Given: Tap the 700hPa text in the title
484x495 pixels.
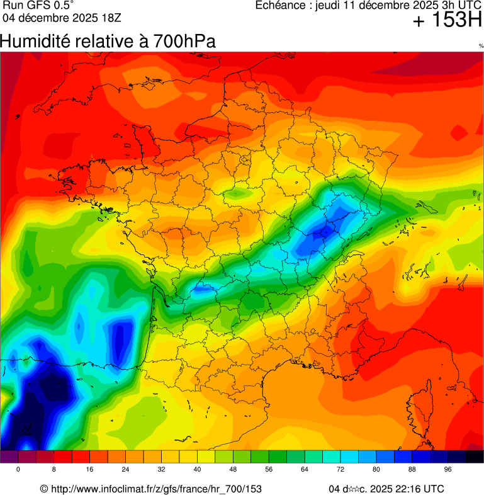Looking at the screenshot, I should (x=187, y=42).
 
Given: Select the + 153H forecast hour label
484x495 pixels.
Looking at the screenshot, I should (x=447, y=21).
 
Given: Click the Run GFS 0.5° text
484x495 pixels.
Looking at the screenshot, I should (x=38, y=6).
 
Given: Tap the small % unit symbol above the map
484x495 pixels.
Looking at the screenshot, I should (x=480, y=46).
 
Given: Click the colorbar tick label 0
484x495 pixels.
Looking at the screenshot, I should (x=18, y=470).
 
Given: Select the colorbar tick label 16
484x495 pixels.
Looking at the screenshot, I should (x=90, y=470).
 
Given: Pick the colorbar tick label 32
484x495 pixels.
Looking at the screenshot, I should (x=162, y=470).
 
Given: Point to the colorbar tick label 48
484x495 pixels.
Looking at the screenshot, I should (x=233, y=470).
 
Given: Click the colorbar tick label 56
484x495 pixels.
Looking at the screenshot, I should (x=269, y=470).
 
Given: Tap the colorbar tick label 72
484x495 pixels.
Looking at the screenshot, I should (x=340, y=470).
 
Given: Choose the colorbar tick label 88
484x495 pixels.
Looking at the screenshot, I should (x=412, y=470).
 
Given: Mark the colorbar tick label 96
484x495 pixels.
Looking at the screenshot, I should (x=448, y=470).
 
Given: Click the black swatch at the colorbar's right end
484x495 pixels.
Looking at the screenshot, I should (x=475, y=457).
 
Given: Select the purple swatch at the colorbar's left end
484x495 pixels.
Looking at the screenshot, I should (x=9, y=457).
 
